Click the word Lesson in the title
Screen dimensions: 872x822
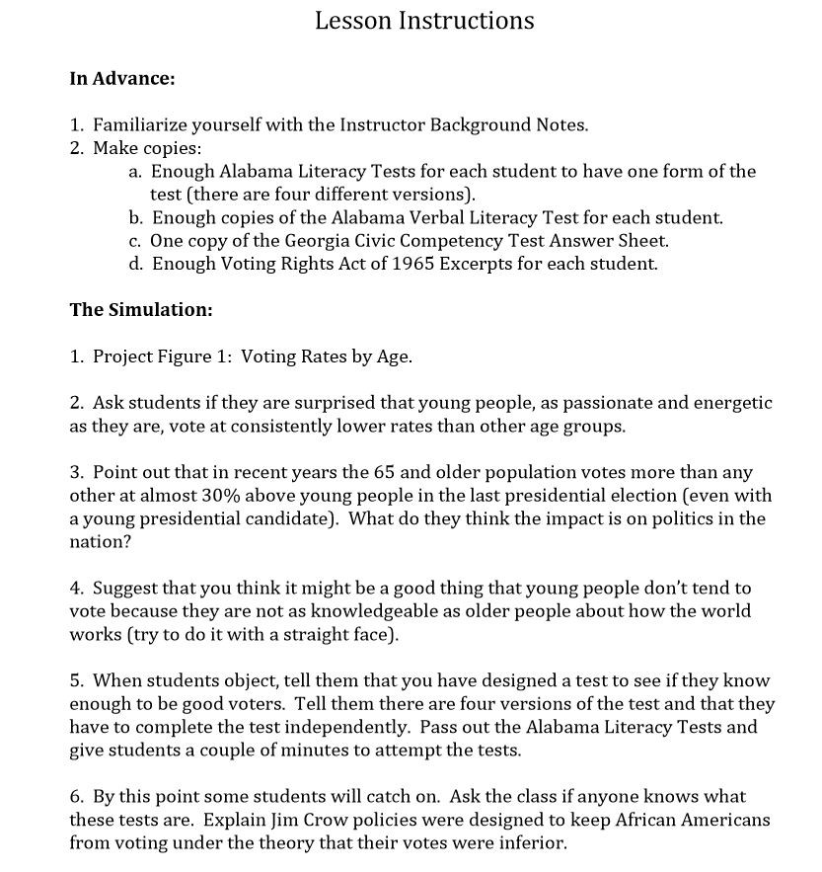(352, 21)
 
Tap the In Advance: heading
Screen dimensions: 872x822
(122, 77)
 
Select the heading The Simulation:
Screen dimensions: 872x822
(141, 310)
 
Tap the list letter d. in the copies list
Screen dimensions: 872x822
(135, 264)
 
